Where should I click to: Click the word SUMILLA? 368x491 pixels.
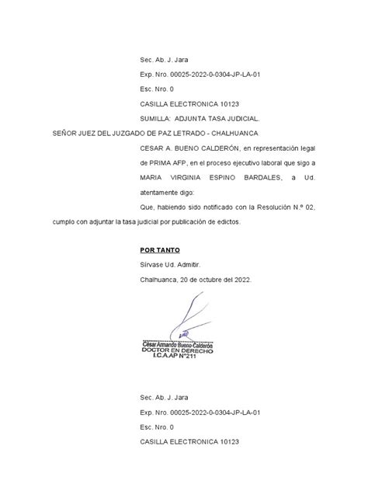click(156, 119)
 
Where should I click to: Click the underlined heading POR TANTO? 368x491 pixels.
click(160, 250)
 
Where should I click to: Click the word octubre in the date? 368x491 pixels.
click(209, 279)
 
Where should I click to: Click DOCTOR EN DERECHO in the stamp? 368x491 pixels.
click(178, 350)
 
